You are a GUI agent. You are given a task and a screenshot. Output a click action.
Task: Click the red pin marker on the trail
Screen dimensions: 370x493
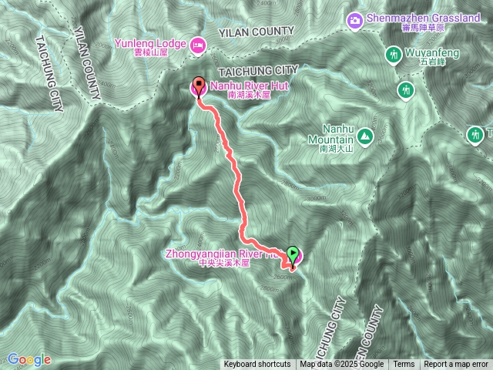point(199,86)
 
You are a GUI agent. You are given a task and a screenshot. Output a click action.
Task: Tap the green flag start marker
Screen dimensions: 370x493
point(293,253)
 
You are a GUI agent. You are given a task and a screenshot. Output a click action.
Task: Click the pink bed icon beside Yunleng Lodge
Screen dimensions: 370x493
point(197,44)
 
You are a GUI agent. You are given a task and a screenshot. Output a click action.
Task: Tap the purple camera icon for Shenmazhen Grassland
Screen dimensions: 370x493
point(354,19)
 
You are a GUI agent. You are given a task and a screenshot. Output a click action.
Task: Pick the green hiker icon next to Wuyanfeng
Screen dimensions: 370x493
point(393,54)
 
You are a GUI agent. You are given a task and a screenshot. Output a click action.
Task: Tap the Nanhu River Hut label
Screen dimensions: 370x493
point(247,85)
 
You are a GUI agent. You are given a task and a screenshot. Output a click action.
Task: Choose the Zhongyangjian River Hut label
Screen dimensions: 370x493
point(223,252)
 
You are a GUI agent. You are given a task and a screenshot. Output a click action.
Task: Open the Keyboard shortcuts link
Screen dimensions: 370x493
point(257,365)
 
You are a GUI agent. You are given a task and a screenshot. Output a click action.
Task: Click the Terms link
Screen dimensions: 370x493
point(404,365)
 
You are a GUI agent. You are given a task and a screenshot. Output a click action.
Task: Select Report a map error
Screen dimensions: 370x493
point(456,365)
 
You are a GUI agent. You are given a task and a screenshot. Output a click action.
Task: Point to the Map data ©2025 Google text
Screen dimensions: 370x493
point(342,365)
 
